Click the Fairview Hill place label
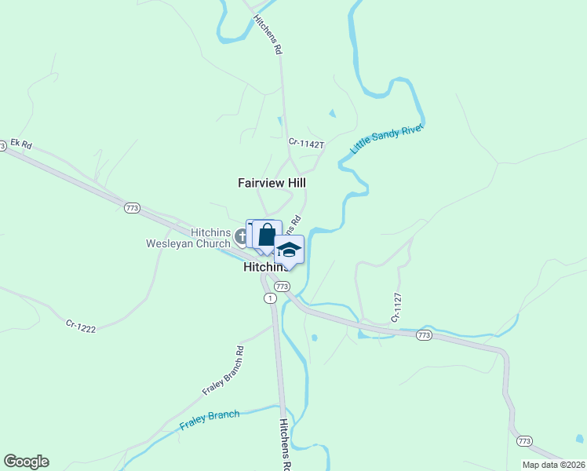(272, 182)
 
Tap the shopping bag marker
(267, 235)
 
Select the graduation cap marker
(289, 250)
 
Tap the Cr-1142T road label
(306, 143)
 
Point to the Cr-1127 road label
(396, 309)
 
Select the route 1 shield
(270, 298)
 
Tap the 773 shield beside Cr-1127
(424, 335)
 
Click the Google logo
(26, 462)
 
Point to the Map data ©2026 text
(553, 465)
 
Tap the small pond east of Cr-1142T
(332, 114)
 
